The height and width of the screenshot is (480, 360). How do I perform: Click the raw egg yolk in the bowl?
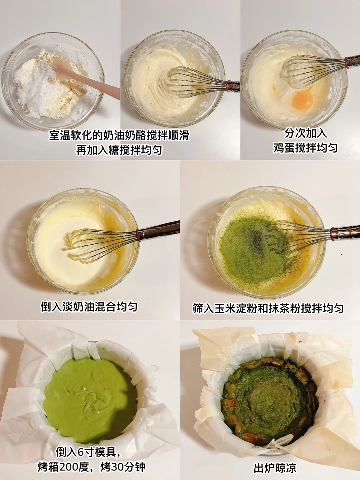(303, 100)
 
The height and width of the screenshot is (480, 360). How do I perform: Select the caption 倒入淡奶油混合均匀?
(89, 307)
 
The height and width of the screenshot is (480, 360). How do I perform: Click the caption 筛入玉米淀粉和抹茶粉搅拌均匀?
(268, 308)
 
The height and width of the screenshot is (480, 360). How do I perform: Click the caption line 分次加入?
(305, 133)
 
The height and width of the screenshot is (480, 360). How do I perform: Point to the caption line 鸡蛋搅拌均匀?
(305, 148)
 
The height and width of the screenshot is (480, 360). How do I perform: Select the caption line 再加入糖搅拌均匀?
(119, 150)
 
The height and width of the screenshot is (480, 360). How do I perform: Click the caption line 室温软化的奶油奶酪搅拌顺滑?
(119, 135)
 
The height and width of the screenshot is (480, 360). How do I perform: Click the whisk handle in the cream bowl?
(158, 230)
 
